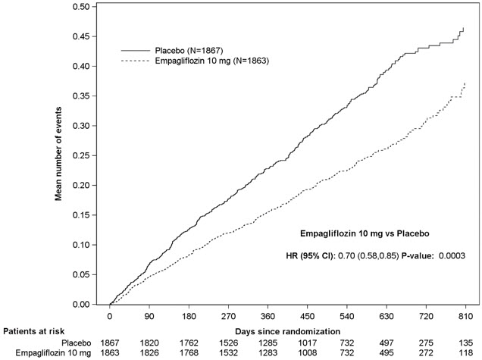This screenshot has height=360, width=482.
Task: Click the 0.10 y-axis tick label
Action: pos(80,245)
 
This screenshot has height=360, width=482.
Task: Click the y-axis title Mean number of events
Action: pos(58,155)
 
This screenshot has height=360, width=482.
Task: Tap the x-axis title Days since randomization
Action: pos(287,331)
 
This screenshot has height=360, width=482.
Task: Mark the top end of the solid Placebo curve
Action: pos(463,28)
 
